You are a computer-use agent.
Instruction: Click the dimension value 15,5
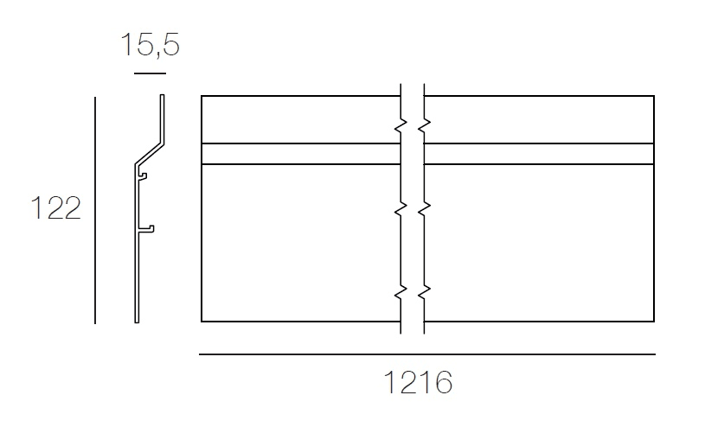(150, 44)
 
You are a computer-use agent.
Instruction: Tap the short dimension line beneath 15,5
(150, 73)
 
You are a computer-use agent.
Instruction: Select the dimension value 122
(55, 209)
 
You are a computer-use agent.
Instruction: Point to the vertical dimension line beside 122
(95, 210)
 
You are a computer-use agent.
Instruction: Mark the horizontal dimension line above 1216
(426, 354)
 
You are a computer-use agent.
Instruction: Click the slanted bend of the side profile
(149, 149)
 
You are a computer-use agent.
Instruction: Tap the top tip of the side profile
(162, 97)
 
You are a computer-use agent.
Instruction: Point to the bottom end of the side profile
(137, 321)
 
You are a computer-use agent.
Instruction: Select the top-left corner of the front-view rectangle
(202, 96)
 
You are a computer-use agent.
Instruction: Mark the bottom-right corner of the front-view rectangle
(654, 322)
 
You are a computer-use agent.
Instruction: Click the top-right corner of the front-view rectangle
(654, 96)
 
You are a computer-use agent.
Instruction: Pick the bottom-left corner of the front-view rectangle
(202, 322)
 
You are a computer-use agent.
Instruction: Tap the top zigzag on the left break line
(401, 127)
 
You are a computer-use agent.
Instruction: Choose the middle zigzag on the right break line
(424, 209)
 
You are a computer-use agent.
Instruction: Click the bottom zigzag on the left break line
(401, 292)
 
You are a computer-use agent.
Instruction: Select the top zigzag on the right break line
(424, 127)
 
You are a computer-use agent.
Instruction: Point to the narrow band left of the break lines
(298, 153)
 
